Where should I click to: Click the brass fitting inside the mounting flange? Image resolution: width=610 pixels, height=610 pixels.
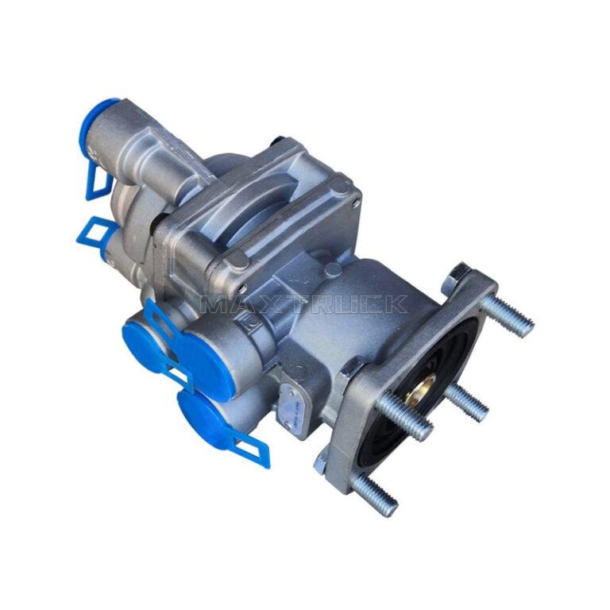point(419,388)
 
